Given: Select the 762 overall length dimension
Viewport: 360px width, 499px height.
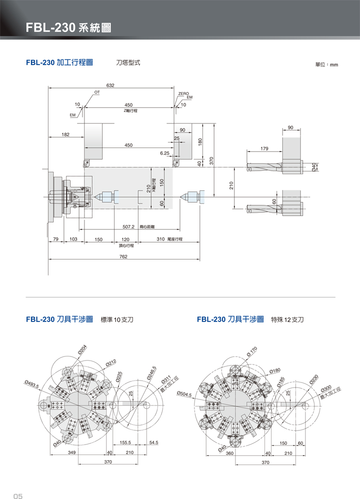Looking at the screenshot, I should click(123, 256).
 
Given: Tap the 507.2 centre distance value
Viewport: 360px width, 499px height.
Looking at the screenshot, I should click(129, 226).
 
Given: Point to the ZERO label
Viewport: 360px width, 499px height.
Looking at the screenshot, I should click(183, 93).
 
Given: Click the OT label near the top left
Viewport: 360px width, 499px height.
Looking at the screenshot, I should click(97, 93).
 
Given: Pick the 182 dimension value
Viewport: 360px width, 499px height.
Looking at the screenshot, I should click(65, 134).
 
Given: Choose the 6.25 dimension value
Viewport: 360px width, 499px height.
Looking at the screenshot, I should click(165, 153).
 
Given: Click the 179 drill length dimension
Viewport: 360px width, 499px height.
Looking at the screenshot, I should click(264, 148).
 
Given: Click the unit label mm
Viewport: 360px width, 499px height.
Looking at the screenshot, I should click(334, 65).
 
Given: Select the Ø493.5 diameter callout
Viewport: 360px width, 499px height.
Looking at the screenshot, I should click(31, 384).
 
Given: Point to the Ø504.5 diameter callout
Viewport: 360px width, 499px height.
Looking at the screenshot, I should click(184, 394).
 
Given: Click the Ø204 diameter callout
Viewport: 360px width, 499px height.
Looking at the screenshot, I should click(82, 350).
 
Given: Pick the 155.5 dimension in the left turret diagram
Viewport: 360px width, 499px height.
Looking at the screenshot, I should click(125, 442).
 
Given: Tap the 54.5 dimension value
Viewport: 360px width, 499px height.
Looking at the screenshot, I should click(153, 442).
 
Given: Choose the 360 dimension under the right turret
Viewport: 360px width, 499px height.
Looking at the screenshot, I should click(229, 453).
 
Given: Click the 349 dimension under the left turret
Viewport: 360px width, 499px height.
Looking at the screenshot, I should click(71, 452).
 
